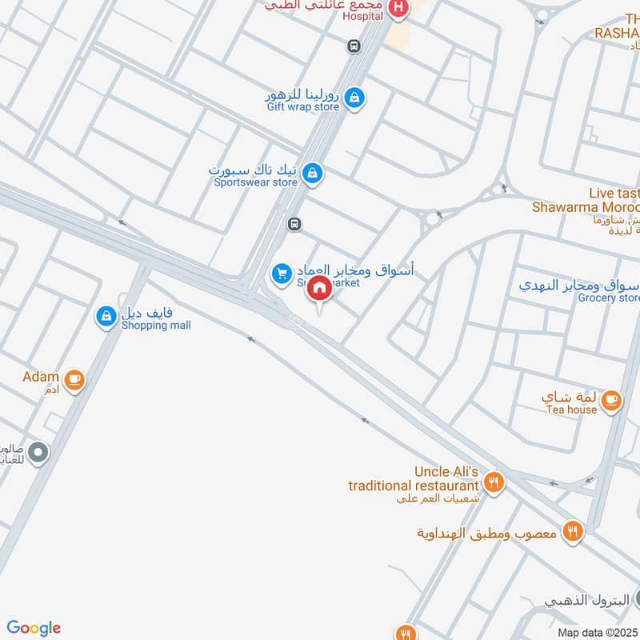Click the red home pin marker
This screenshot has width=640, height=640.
(320, 289)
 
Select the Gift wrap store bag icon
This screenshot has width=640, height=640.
(356, 98)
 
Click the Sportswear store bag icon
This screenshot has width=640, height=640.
(314, 172)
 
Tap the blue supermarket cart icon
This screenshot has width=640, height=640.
(281, 274)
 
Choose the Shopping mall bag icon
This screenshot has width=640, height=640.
(106, 317)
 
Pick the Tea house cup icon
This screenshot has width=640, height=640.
(611, 399)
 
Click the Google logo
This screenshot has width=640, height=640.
(34, 628)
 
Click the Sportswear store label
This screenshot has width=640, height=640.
(255, 182)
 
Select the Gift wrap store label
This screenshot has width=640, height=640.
(303, 106)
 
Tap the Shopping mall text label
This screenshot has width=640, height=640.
(156, 326)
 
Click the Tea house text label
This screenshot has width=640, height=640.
(571, 410)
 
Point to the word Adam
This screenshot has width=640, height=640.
(41, 377)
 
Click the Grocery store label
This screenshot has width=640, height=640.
(610, 298)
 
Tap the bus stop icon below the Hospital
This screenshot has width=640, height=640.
(354, 46)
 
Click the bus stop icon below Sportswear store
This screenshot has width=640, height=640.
(294, 224)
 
